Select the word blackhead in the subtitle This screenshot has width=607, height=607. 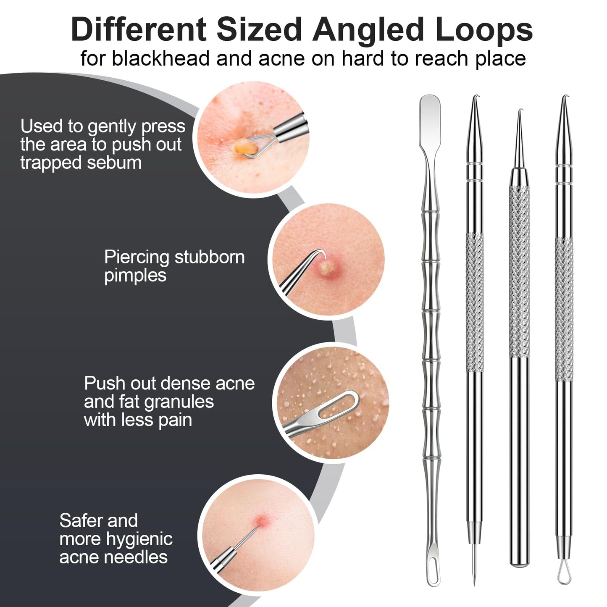coord(160,58)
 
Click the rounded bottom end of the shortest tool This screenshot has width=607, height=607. coord(520,564)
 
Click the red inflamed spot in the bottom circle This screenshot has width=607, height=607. coord(261,522)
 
